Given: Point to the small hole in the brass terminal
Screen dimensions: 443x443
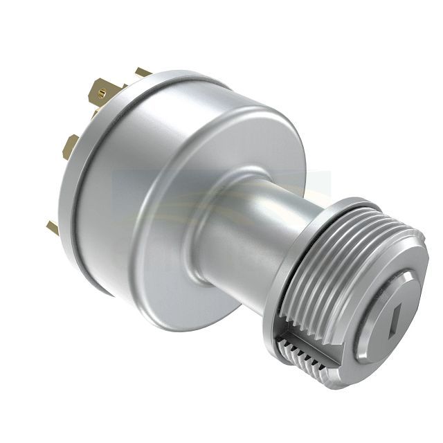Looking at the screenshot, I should pos(102,89).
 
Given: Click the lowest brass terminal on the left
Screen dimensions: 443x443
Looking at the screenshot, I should pos(53,226).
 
